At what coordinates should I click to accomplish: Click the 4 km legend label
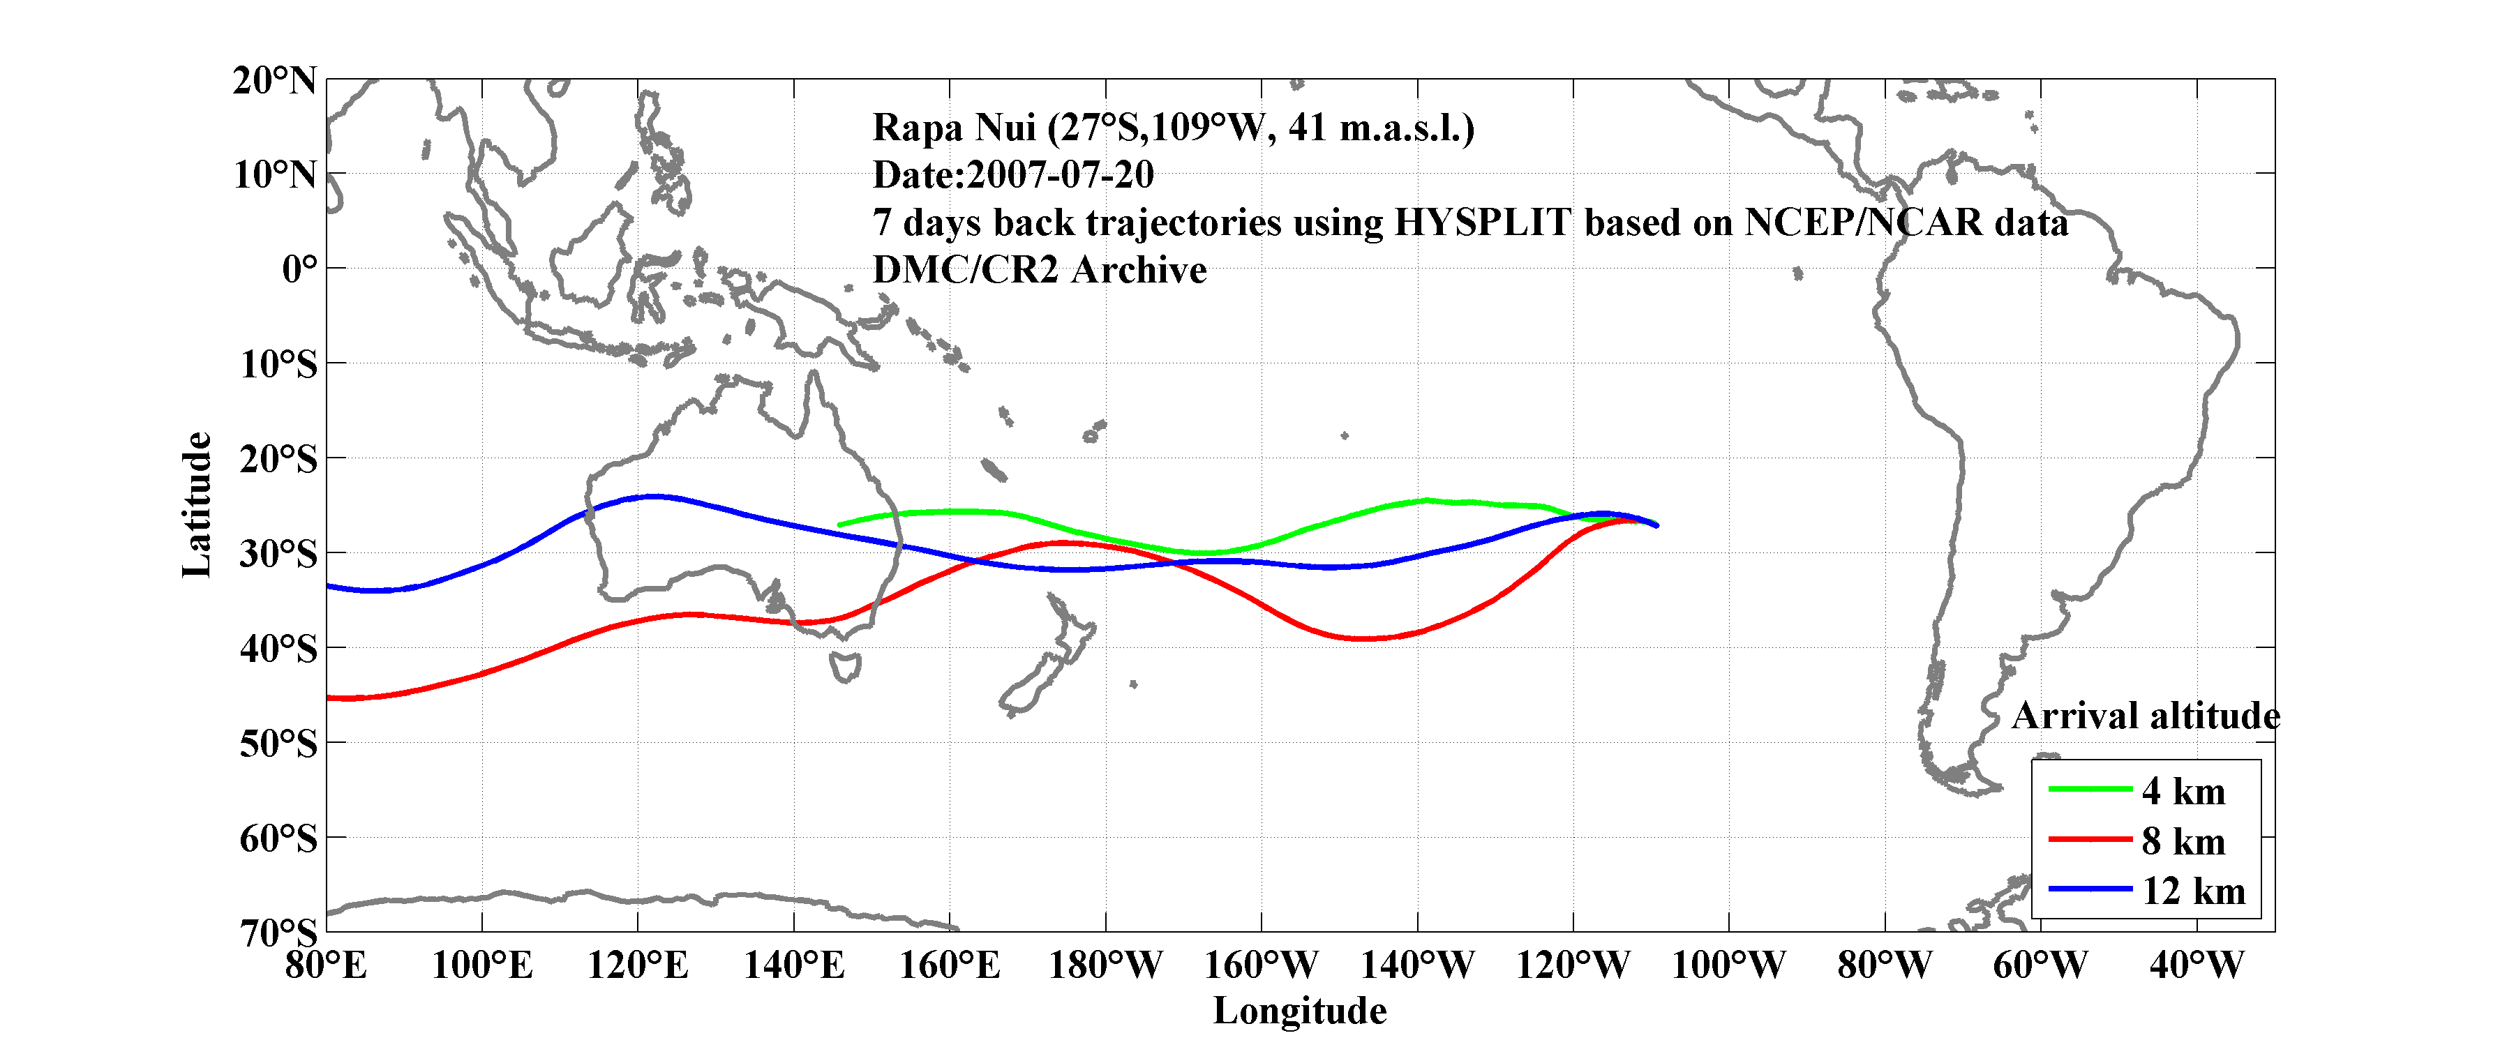pyautogui.click(x=2183, y=791)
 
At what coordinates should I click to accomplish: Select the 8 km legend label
pyautogui.click(x=2183, y=841)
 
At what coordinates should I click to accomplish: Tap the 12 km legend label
pyautogui.click(x=2193, y=891)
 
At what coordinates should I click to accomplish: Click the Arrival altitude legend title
pyautogui.click(x=2145, y=716)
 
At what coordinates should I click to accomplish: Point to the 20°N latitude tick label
pyautogui.click(x=275, y=80)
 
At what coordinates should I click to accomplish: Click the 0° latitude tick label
pyautogui.click(x=299, y=269)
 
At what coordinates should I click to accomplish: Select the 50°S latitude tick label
pyautogui.click(x=279, y=744)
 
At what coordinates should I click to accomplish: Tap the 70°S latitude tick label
pyautogui.click(x=279, y=933)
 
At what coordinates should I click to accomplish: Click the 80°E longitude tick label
pyautogui.click(x=326, y=966)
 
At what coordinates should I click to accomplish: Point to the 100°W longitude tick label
pyautogui.click(x=1728, y=966)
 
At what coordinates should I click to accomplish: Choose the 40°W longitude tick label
pyautogui.click(x=2196, y=966)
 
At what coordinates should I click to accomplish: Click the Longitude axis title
pyautogui.click(x=1299, y=1011)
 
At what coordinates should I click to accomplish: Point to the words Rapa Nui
pyautogui.click(x=952, y=128)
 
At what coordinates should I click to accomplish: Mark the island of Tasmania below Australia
pyautogui.click(x=845, y=668)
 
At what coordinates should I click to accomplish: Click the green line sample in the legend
pyautogui.click(x=2088, y=788)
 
